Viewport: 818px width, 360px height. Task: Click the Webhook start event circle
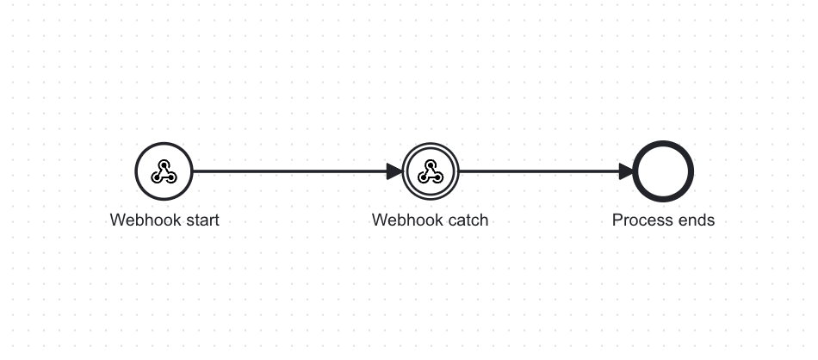pyautogui.click(x=164, y=142)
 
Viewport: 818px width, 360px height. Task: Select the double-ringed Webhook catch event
pyautogui.click(x=431, y=143)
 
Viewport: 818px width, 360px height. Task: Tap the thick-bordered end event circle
pyautogui.click(x=663, y=142)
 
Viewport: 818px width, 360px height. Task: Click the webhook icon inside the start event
pyautogui.click(x=164, y=171)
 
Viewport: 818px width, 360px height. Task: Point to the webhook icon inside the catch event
pyautogui.click(x=431, y=171)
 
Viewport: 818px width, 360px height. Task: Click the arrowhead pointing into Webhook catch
pyautogui.click(x=394, y=171)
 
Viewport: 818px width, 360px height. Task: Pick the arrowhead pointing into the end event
pyautogui.click(x=627, y=171)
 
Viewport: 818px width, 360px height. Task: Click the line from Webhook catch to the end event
pyautogui.click(x=546, y=171)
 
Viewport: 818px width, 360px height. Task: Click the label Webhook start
pyautogui.click(x=164, y=220)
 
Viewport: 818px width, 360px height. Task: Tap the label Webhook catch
pyautogui.click(x=431, y=220)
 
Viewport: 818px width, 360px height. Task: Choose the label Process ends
pyautogui.click(x=664, y=220)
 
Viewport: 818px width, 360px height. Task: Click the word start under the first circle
pyautogui.click(x=201, y=220)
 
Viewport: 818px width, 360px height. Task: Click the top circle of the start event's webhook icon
pyautogui.click(x=164, y=164)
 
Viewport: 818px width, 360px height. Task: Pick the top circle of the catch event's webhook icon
pyautogui.click(x=431, y=164)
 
